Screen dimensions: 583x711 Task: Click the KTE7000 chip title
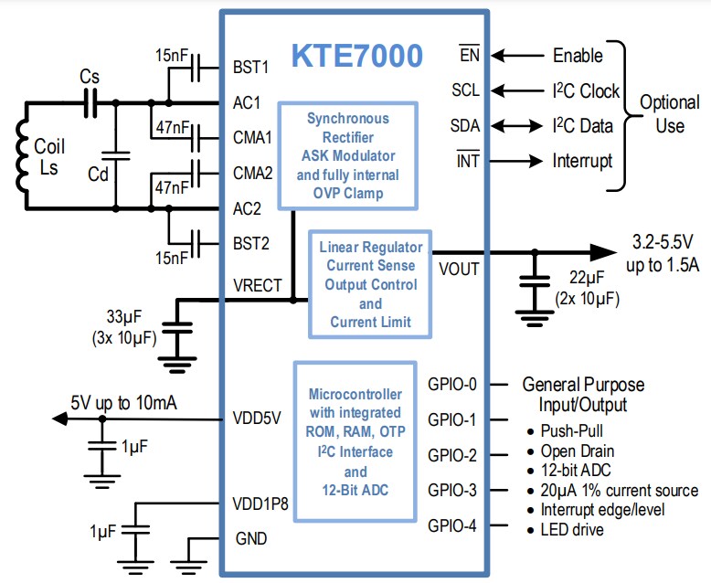pyautogui.click(x=356, y=57)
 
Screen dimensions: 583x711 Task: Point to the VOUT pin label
pyautogui.click(x=461, y=269)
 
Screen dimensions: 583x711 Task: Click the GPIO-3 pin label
pyautogui.click(x=452, y=491)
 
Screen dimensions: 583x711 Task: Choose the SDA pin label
pyautogui.click(x=465, y=126)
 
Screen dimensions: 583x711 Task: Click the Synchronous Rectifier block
pyautogui.click(x=347, y=155)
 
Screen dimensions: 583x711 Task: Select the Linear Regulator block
pyautogui.click(x=370, y=284)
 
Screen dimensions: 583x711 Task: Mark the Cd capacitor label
pyautogui.click(x=99, y=174)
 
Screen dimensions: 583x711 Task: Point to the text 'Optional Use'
pyautogui.click(x=669, y=113)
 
